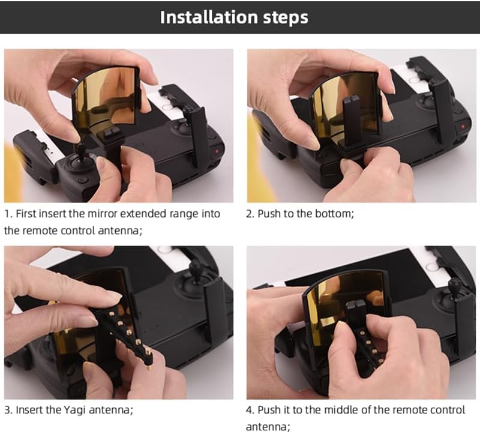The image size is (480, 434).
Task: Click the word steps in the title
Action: coord(286,18)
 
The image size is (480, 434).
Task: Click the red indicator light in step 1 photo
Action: coord(217,151)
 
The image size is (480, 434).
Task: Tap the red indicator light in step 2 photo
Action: coord(463,126)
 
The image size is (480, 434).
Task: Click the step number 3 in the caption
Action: coord(7,410)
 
